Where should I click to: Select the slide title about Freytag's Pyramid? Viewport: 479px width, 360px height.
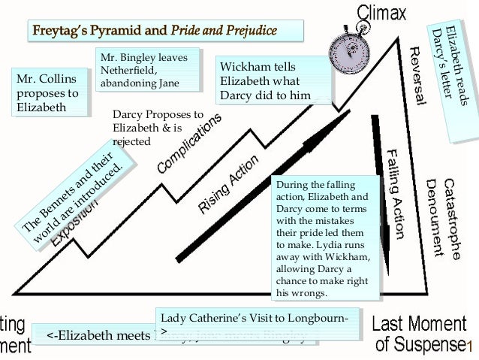click(x=165, y=31)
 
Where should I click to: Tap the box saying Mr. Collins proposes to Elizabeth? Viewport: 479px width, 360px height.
click(x=47, y=94)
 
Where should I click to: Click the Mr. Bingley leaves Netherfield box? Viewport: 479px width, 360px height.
click(x=149, y=70)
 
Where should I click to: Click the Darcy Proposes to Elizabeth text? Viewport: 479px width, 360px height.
click(x=158, y=128)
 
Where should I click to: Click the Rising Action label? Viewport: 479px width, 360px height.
click(x=229, y=184)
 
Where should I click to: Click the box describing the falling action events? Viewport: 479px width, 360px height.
click(x=322, y=237)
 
